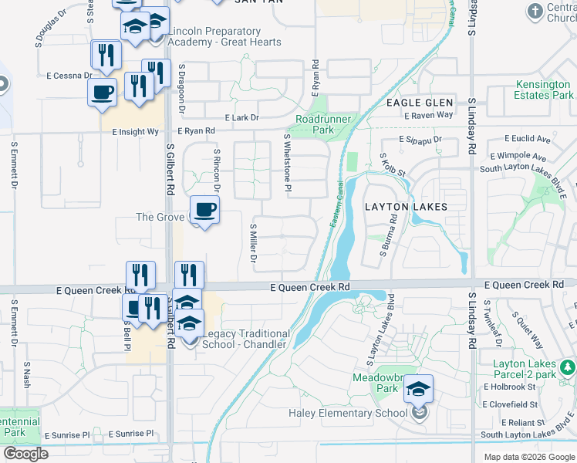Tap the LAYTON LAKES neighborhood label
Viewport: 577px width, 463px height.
pos(406,207)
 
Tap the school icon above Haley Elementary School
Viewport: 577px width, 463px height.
pos(418,388)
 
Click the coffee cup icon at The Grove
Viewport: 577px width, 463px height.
pos(204,210)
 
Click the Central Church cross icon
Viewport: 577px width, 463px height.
pos(535,11)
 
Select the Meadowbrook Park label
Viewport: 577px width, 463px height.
pos(375,383)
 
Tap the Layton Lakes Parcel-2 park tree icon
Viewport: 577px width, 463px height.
pos(568,364)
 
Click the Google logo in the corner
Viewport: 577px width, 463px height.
pos(25,454)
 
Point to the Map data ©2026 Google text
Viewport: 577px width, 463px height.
pos(529,457)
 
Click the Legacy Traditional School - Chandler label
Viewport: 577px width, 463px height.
pos(246,339)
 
